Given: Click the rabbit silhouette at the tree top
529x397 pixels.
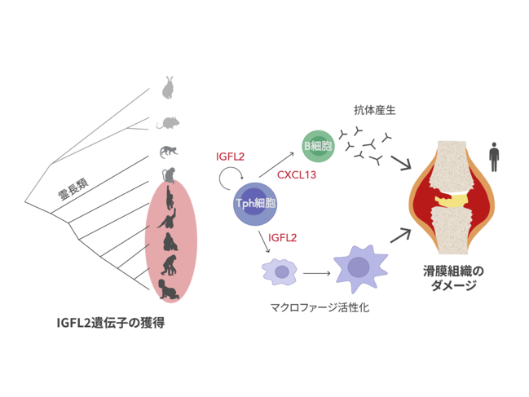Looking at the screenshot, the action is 168,88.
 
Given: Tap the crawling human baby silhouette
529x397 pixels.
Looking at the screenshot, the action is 169,289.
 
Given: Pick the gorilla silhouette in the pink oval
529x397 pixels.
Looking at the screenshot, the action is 170,242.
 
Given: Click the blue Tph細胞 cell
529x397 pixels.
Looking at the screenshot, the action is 255,204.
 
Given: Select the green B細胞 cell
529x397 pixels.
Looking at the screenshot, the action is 318,146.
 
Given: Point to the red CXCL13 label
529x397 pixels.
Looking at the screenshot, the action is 297,174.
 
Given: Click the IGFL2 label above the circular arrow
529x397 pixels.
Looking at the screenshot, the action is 230,157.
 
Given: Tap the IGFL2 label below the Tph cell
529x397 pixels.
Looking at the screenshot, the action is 282,238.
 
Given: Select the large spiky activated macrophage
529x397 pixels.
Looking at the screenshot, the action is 360,268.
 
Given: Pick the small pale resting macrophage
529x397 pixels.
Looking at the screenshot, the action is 280,271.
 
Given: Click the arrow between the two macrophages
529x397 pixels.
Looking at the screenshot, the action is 316,273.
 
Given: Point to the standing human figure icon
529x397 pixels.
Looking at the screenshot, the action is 494,157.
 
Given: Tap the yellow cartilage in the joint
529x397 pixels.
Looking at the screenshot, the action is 451,201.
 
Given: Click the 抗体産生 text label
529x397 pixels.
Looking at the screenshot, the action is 374,110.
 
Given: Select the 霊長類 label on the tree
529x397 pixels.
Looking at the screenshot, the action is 73,189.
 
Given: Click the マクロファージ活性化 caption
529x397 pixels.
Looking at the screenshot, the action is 320,307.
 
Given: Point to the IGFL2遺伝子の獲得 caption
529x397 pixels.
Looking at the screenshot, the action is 111,323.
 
